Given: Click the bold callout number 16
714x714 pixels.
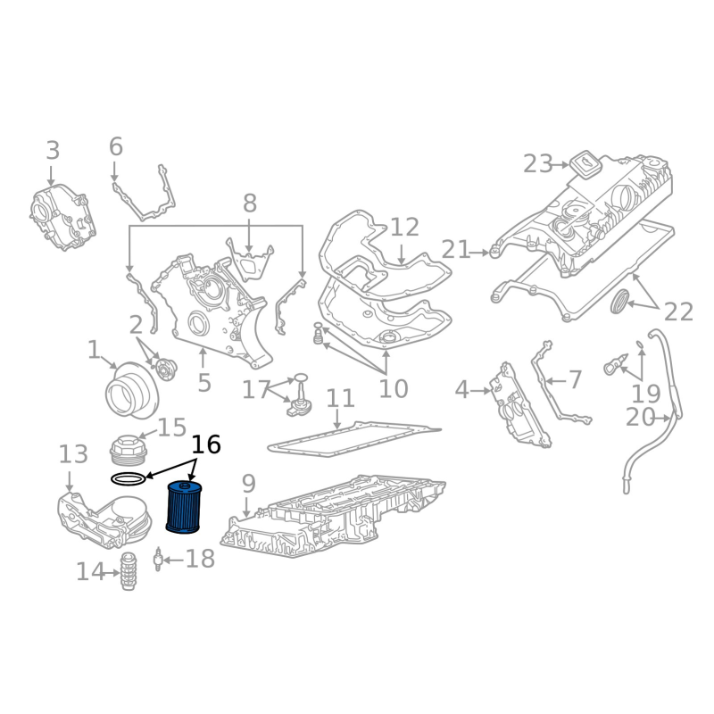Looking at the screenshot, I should click(x=205, y=445).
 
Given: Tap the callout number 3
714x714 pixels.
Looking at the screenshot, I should click(x=53, y=151).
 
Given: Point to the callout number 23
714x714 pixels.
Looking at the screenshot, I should click(x=538, y=163).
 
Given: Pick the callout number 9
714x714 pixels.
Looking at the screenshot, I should click(x=248, y=485).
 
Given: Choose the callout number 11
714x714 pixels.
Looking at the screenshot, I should click(x=339, y=399).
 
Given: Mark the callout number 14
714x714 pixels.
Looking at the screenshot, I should click(x=90, y=571).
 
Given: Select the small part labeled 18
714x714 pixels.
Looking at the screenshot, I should click(x=158, y=560).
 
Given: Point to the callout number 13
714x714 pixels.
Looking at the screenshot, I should click(x=74, y=455).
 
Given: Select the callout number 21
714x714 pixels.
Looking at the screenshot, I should click(x=455, y=251).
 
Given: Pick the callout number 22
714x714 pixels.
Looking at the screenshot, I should click(x=678, y=311).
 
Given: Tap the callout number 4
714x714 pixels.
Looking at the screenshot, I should click(x=461, y=390).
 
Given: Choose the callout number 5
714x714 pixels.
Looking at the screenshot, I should click(x=204, y=384).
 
